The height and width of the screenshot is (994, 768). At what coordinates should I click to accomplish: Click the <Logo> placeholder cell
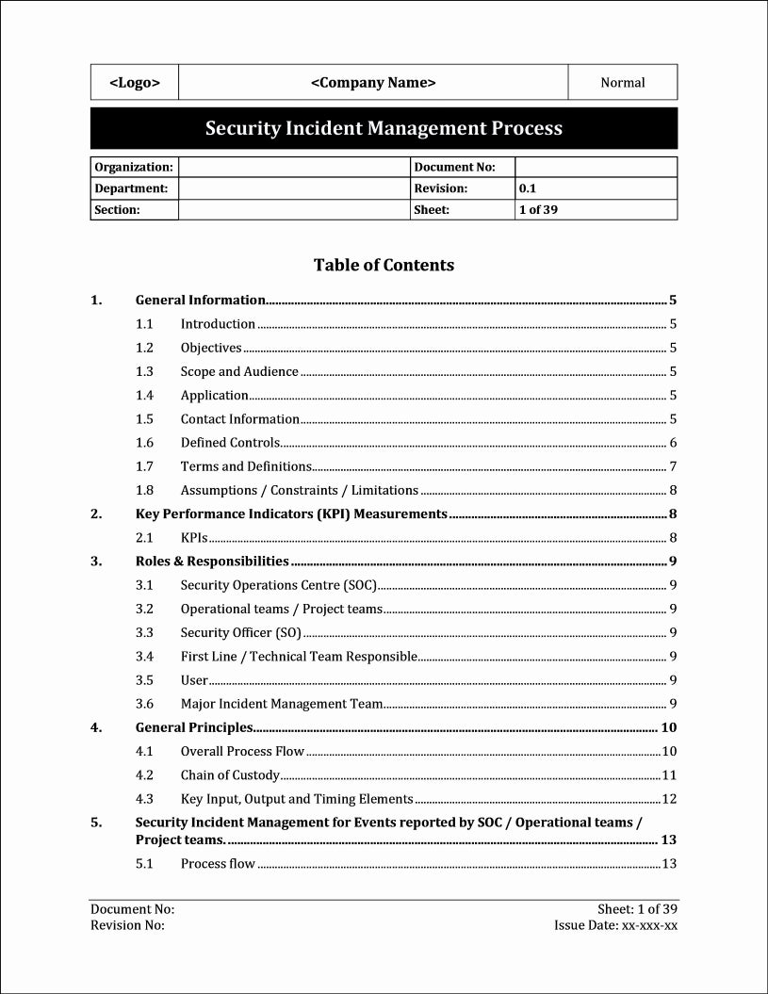coord(135,83)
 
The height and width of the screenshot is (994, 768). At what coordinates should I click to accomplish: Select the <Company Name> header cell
coord(373,83)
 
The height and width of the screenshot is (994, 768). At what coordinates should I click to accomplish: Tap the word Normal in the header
coord(623,83)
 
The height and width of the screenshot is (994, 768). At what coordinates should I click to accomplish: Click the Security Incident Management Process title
coord(384,128)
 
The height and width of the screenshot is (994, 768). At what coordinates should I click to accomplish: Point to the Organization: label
coord(133,167)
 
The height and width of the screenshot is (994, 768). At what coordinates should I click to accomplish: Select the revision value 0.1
coord(527,188)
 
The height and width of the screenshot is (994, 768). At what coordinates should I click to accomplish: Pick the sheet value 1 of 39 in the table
coord(538,210)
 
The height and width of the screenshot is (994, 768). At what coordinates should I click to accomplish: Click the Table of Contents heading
coord(384,265)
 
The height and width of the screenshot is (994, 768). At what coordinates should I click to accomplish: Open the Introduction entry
coord(218,324)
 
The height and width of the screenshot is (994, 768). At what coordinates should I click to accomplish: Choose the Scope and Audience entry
coord(239,372)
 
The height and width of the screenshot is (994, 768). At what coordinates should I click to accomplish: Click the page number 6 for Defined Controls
coord(673,443)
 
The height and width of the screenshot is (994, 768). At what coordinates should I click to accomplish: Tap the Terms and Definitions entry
coord(246,466)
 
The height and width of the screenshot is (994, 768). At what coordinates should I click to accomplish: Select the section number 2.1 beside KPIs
coord(144,538)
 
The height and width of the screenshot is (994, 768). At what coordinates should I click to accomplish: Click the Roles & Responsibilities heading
coord(212,562)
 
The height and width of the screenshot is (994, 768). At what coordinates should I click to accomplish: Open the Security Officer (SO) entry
coord(240,633)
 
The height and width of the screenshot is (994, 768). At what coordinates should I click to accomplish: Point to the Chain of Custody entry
coord(230,775)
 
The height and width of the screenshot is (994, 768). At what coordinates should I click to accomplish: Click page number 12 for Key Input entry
coord(669,799)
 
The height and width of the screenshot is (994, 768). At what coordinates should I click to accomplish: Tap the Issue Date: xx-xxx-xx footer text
coord(615,925)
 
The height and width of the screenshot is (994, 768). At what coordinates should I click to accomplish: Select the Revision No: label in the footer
coord(127,925)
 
